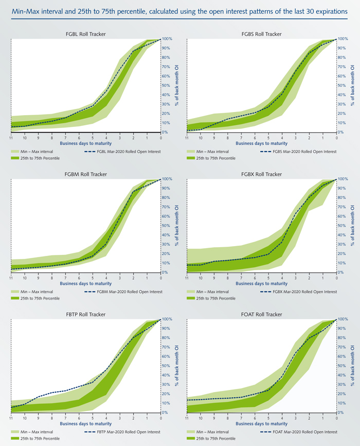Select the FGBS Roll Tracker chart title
pyautogui.click(x=262, y=34)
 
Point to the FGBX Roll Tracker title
pyautogui.click(x=262, y=174)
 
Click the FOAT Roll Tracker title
pyautogui.click(x=262, y=314)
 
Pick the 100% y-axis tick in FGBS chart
pyautogui.click(x=343, y=39)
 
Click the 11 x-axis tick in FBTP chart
pyautogui.click(x=11, y=418)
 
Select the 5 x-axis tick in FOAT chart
pyautogui.click(x=268, y=418)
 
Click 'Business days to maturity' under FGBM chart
pyautogui.click(x=86, y=284)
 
